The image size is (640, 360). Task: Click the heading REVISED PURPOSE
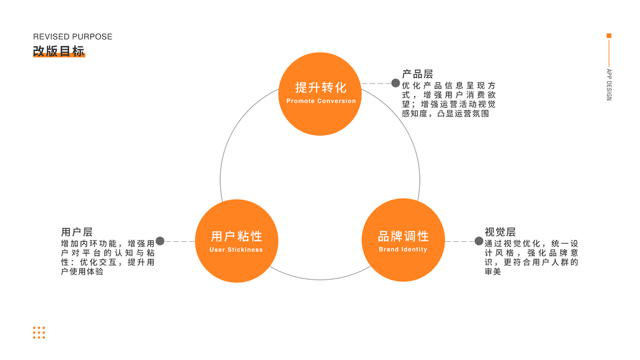coord(73,37)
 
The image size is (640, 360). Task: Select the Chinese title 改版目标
coord(59,51)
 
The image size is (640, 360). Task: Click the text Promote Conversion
coord(321,101)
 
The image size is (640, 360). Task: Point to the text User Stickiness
coord(236,250)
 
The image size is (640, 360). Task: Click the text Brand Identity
coord(403,250)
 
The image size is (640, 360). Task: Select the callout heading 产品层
coord(417,74)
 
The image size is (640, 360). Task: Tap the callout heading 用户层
coord(77,232)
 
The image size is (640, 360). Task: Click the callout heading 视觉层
coord(500,232)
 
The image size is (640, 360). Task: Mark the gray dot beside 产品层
coord(395,83)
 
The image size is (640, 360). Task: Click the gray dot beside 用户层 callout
coord(160,241)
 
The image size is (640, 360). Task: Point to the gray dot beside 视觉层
coord(479,241)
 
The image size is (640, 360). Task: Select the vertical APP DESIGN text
coord(609,85)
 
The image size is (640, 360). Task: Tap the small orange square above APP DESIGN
coord(609,36)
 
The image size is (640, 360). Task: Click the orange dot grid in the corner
coord(39,333)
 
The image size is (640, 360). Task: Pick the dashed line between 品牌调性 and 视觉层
coord(459,241)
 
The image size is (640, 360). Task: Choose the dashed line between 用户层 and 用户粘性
coord(179,241)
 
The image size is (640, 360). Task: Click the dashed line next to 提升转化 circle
coord(376,83)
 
